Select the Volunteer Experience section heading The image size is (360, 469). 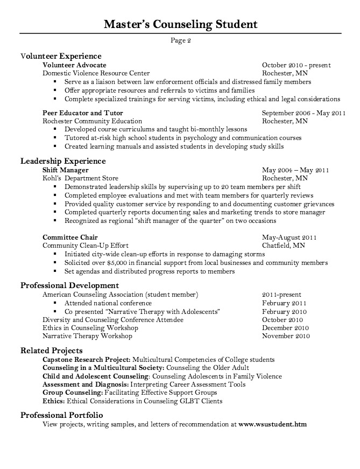tap(61, 55)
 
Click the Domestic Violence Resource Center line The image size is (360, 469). tap(96, 73)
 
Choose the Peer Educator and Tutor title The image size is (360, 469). tap(83, 113)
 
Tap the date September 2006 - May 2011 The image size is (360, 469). tap(303, 113)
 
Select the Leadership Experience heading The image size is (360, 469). tap(63, 160)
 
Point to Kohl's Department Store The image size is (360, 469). tap(80, 178)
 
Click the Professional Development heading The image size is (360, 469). tap(70, 285)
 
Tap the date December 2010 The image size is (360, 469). tap(285, 328)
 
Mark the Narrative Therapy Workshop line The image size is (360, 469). tap(87, 336)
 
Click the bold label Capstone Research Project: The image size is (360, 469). tap(86, 359)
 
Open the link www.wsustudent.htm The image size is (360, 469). tap(272, 424)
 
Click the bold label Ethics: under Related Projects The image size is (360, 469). tap(53, 401)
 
